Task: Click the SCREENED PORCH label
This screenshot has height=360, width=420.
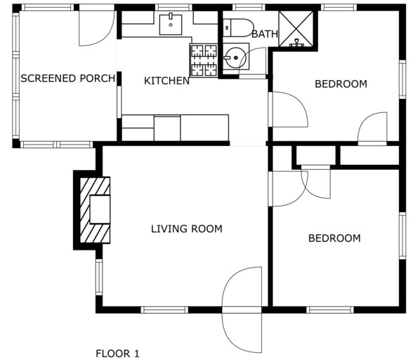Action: pos(68,79)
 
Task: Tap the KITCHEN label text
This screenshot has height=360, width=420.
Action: pos(166,81)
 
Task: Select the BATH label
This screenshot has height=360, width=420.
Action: pos(265,34)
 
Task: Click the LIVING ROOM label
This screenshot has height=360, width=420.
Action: pos(187,229)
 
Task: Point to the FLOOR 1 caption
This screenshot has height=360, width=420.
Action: pos(117,354)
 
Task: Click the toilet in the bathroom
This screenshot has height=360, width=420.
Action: pos(238,27)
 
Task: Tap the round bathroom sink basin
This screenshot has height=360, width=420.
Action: pos(235,58)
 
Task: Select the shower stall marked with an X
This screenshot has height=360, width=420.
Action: pos(296,28)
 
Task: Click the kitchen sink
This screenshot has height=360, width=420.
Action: pos(171,25)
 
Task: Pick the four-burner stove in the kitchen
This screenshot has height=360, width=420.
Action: pos(204,60)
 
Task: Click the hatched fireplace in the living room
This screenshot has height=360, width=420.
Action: pos(95,210)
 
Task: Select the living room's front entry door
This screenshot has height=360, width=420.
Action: pos(242,309)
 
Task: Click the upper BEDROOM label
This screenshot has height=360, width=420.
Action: pos(341,84)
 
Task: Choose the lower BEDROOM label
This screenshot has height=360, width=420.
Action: pos(334,238)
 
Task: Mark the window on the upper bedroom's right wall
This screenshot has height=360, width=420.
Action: pos(402,79)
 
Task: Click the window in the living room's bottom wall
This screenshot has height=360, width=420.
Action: pos(164,310)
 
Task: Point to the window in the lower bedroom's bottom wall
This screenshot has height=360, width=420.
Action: pos(330,310)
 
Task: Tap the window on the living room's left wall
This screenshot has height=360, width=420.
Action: pos(99,277)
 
